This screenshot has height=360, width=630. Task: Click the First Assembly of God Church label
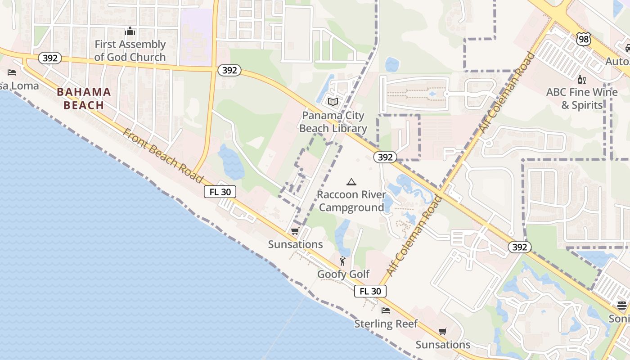coord(130,50)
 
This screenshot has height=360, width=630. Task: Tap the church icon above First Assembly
coord(130,31)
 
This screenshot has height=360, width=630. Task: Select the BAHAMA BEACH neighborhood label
coord(84,99)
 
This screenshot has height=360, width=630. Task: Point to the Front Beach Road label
coord(163,155)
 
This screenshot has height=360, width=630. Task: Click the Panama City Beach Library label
coord(333,122)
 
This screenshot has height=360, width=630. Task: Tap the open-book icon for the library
coord(333,102)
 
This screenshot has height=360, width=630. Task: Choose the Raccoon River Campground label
coord(351,201)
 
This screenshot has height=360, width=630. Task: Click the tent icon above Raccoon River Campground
coord(351,182)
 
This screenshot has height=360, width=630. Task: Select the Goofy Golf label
coord(343,274)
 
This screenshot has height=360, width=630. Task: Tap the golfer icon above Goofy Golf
coord(343,261)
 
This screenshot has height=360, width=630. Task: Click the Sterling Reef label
coord(386,324)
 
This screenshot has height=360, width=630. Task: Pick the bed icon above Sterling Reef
coord(386,310)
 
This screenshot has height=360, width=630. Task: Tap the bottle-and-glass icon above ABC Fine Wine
coord(582,79)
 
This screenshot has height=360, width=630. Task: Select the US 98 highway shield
coord(583,39)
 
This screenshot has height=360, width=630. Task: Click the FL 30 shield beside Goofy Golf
coord(370,291)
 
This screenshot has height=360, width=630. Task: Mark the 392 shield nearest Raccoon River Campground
coord(385,157)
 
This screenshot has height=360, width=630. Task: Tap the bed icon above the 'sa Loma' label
coord(12,72)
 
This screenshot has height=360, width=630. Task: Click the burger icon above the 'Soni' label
coord(622,306)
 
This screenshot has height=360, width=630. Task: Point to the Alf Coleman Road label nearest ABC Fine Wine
coord(507,92)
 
